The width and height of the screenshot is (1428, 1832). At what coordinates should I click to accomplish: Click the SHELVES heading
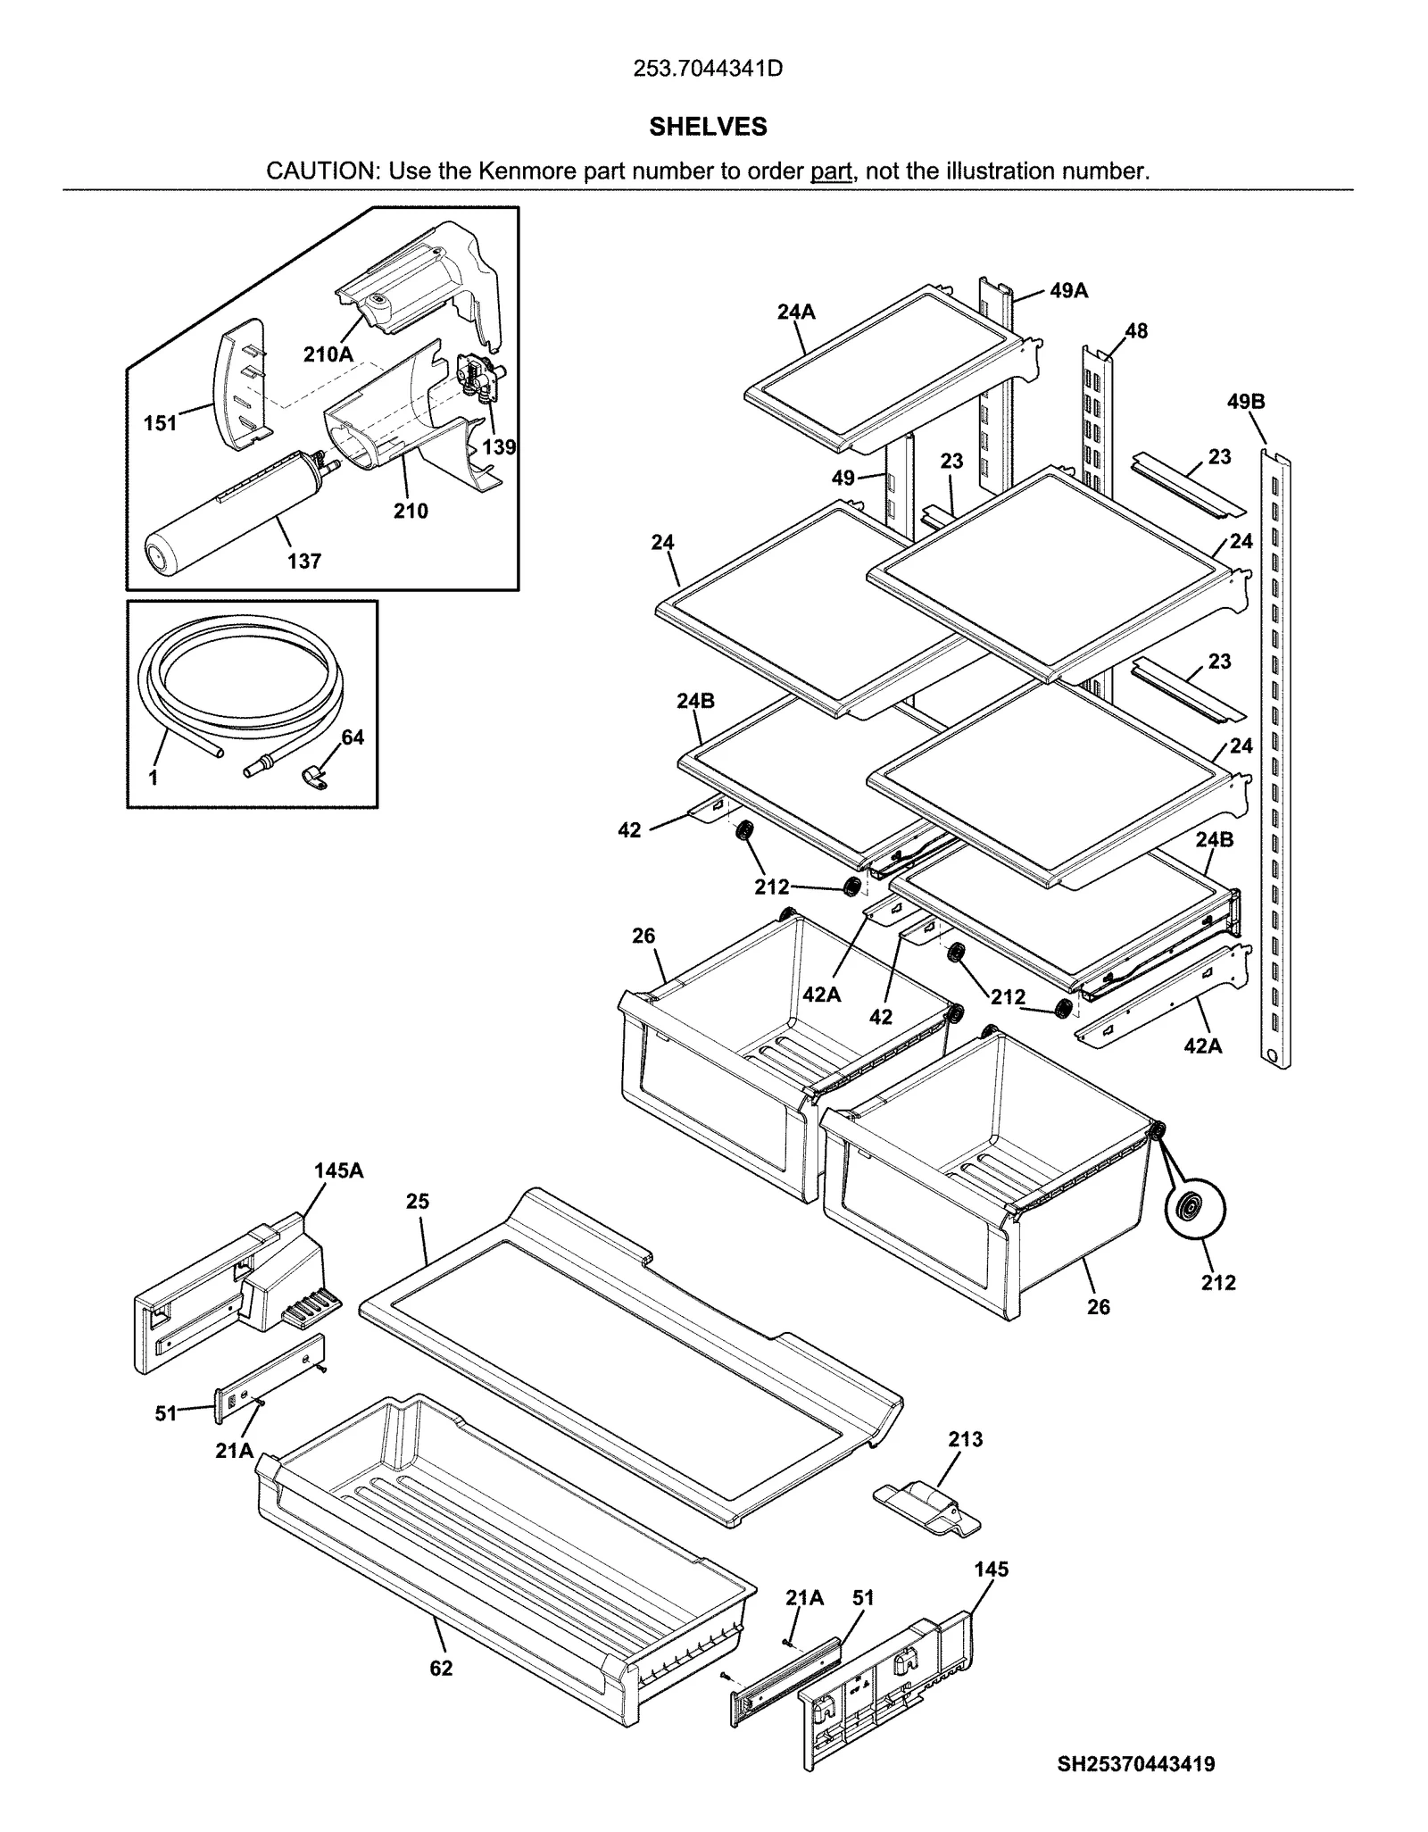(708, 127)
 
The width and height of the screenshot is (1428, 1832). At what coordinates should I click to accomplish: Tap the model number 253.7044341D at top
(708, 69)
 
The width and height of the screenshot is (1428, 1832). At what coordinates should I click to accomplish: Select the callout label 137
(303, 561)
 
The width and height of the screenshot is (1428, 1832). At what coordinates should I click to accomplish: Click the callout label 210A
(328, 354)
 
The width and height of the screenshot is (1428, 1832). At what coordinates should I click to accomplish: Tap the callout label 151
(161, 423)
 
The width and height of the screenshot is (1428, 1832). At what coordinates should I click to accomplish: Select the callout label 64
(353, 737)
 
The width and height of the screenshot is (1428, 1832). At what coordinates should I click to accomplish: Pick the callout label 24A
(796, 312)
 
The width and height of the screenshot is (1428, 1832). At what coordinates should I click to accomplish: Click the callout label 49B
(1245, 402)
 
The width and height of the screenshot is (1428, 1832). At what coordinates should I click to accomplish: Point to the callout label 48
(1135, 331)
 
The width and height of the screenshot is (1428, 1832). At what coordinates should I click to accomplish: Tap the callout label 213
(965, 1438)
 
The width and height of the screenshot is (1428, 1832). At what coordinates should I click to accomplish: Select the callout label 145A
(338, 1170)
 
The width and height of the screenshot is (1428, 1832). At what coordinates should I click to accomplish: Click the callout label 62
(441, 1668)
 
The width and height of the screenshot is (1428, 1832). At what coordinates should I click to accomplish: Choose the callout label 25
(418, 1202)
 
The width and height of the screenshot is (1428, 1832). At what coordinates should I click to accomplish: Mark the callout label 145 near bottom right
(991, 1569)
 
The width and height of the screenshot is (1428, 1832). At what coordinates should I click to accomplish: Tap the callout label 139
(499, 447)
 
